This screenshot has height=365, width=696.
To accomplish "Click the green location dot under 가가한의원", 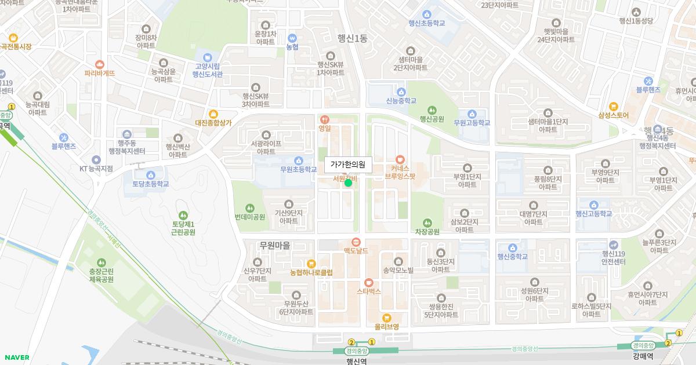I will pos(348,183).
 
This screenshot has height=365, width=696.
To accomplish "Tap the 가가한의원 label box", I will pos(347,165).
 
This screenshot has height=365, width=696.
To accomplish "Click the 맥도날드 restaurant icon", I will pos(356,242).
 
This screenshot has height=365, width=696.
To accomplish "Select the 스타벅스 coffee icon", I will pos(368,282).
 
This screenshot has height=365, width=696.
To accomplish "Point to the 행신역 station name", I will pos(357,360).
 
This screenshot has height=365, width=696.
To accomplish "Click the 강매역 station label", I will pos(643,356).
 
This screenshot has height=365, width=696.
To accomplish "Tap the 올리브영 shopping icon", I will pos(387,317).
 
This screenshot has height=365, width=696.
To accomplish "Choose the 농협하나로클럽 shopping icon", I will pos(311,263).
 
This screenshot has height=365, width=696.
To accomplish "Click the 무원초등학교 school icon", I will pos(299,160).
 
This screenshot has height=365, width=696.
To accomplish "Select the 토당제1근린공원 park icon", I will pos(183,215).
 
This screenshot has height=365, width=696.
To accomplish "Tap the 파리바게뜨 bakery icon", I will pos(100,64).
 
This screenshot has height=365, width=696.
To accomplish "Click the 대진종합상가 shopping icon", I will pos(213,114).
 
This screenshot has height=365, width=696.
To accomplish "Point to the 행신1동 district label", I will pos(353,38).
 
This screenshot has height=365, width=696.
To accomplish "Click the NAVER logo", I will pos(16,357).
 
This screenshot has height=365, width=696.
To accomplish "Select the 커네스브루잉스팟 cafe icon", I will pos(400,159).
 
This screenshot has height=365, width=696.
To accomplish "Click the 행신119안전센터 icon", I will pos(614,244).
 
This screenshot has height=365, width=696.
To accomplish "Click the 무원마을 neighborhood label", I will pos(275,246).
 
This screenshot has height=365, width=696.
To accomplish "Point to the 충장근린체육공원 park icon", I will pos(101,262).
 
